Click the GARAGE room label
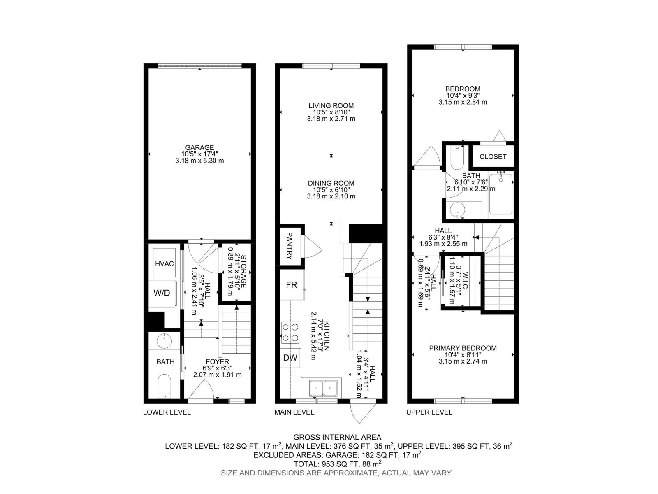pos(199,147)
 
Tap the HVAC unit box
pos(164,263)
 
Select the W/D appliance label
pos(162,293)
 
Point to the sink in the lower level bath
pos(164,340)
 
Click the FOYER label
pos(217,362)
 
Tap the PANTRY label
pos(289,246)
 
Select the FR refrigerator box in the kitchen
pos(291,285)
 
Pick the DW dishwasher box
pos(290,358)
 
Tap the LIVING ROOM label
pos(331,106)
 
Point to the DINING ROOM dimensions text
pos(331,193)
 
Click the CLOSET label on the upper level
pos(493,157)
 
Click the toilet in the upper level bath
pos(457,158)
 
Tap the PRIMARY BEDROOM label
pos(463,348)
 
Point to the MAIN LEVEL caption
pos(294,412)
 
